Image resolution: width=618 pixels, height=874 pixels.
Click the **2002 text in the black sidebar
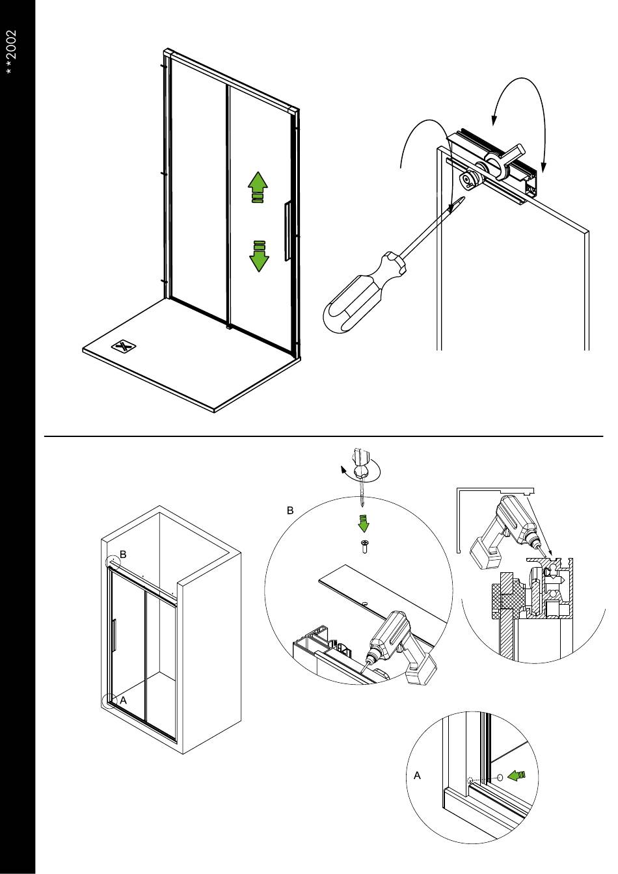(12, 53)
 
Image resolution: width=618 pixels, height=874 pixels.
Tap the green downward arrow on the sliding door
(259, 256)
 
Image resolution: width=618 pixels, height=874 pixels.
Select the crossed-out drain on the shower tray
(124, 346)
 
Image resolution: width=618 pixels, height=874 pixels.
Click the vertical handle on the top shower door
(288, 231)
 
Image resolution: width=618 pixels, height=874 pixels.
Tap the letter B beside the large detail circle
(290, 510)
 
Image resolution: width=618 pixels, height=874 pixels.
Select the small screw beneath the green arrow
(364, 546)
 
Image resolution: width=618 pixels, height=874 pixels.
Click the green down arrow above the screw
(364, 524)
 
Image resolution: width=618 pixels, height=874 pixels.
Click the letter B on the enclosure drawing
(123, 555)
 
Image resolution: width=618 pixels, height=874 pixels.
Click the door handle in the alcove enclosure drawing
(114, 635)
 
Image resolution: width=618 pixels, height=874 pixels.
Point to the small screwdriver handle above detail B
(360, 464)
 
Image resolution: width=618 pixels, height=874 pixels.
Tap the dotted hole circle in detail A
(470, 782)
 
